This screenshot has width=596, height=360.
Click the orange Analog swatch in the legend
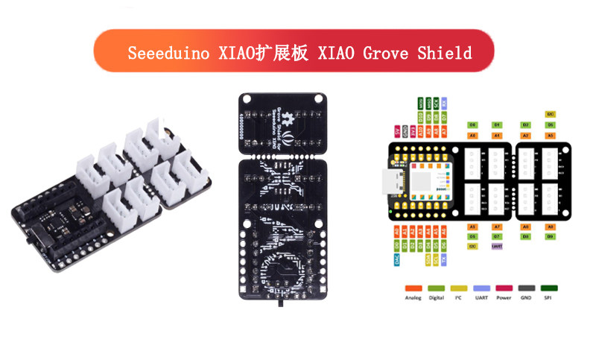pyautogui.click(x=413, y=287)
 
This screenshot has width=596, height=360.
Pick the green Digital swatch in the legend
pyautogui.click(x=436, y=287)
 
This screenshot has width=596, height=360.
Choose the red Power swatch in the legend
pyautogui.click(x=504, y=287)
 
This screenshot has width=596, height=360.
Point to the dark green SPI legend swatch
pyautogui.click(x=549, y=287)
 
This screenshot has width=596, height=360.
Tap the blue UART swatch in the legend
pyautogui.click(x=481, y=287)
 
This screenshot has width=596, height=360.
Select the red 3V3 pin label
pyautogui.click(x=412, y=131)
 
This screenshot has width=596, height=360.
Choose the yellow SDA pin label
pyautogui.click(x=428, y=259)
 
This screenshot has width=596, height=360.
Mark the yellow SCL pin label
pyautogui.click(x=436, y=259)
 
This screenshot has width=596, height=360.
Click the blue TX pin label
pyautogui.click(x=444, y=259)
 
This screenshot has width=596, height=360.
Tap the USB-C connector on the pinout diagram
pyautogui.click(x=390, y=181)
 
